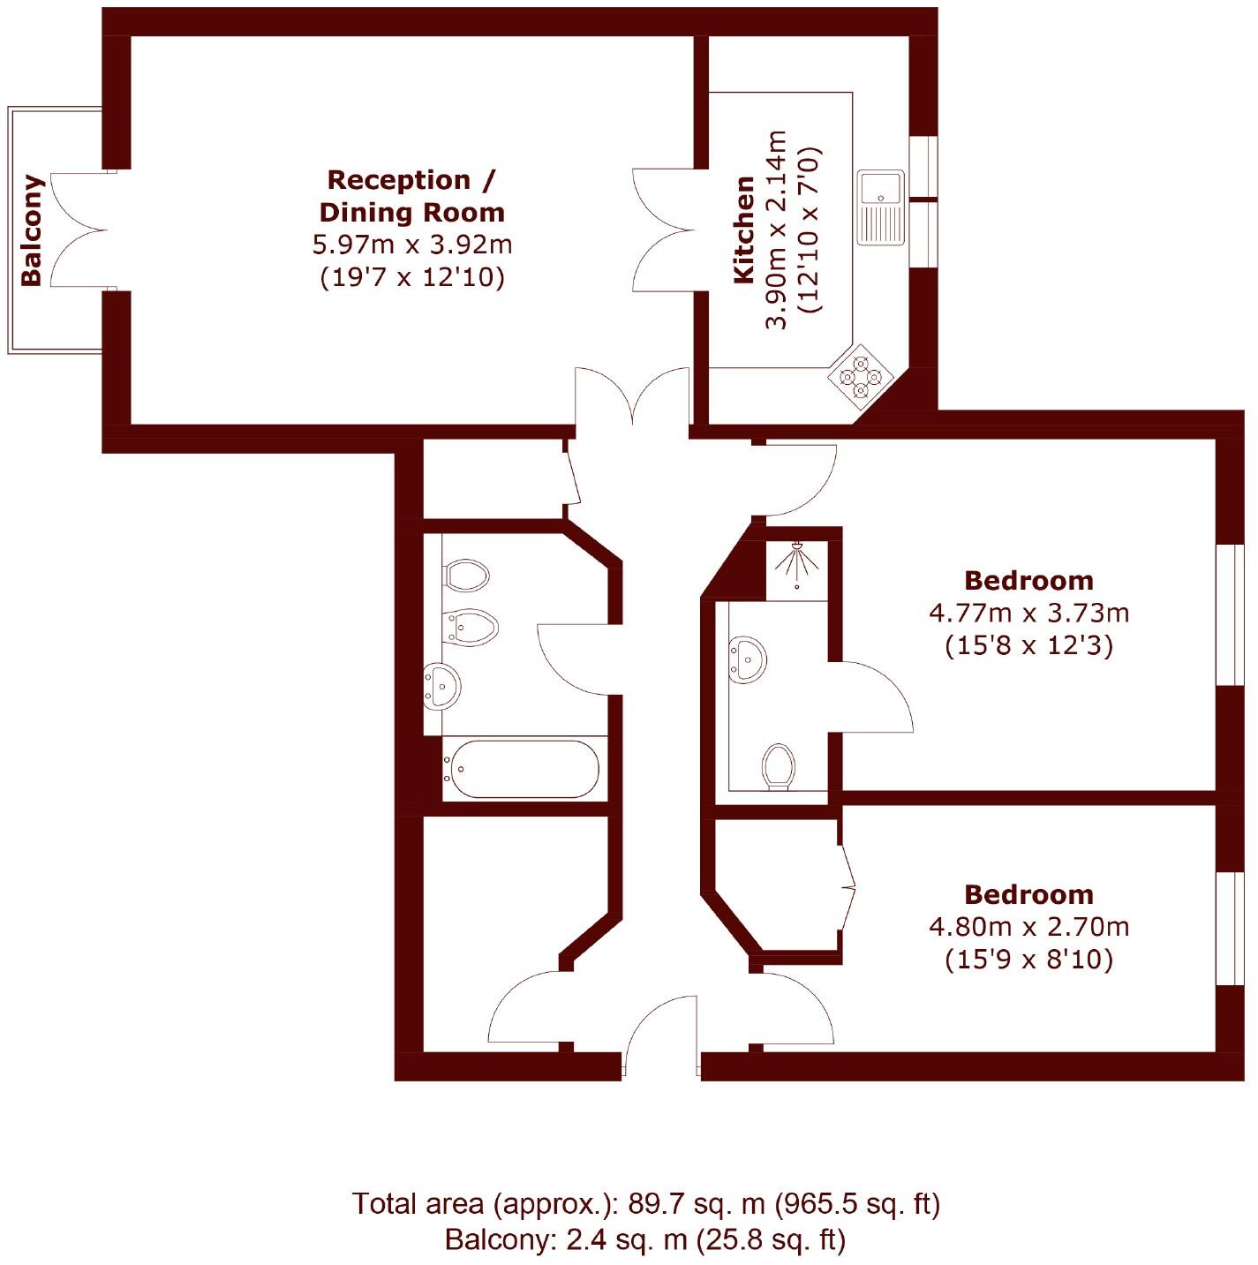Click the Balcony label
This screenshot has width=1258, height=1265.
point(32,230)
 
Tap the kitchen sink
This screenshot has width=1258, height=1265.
point(881,207)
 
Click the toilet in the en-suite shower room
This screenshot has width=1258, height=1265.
point(779,765)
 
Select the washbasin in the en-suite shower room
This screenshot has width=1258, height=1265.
point(747,659)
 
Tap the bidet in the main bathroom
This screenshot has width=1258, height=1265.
point(471,627)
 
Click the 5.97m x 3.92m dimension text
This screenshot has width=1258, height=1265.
point(412,245)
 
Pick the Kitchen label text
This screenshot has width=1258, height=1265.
point(744,230)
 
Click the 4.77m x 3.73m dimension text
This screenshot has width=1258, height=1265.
point(1028,613)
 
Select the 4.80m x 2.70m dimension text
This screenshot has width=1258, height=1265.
point(1028,927)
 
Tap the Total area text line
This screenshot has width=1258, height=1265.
point(645,1203)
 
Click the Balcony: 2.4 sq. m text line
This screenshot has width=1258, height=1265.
point(645,1240)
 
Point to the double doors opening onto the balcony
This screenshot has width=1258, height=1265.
point(79,230)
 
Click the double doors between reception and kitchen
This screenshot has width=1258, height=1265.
point(664,230)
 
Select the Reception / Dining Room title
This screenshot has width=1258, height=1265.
point(412,195)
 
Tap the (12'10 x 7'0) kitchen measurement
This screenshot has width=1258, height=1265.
point(810,230)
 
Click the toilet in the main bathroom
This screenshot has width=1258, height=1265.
point(466,576)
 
